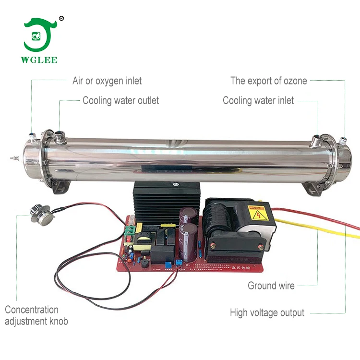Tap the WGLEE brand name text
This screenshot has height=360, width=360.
point(40,60)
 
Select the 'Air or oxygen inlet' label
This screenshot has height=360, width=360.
point(107,81)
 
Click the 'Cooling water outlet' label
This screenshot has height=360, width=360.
point(120,100)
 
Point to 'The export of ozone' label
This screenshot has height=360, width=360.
point(268,81)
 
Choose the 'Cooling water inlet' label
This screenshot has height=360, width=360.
point(258,100)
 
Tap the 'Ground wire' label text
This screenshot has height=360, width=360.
point(271,286)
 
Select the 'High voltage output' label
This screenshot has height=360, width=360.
point(267,312)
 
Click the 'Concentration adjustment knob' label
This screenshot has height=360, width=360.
point(36,315)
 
